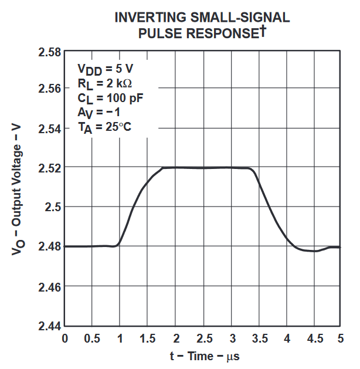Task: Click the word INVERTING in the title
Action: click(151, 18)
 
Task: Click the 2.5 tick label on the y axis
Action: click(53, 206)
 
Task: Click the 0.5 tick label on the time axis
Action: click(92, 338)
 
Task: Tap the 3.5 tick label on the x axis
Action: click(258, 338)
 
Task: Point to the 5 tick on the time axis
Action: click(341, 338)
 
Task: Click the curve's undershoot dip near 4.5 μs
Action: click(314, 250)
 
